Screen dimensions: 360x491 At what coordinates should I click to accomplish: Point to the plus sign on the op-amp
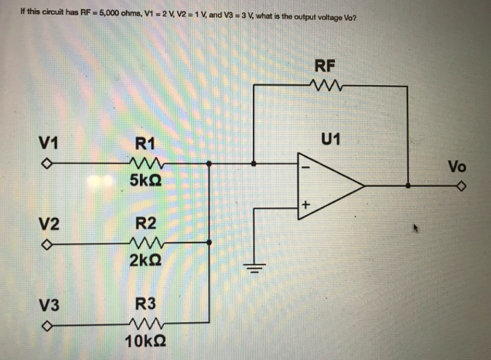306,205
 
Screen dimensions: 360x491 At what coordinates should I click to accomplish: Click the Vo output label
457,167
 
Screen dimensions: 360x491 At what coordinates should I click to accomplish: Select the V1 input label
50,142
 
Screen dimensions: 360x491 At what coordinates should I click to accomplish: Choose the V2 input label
50,226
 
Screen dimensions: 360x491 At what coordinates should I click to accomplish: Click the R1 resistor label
145,143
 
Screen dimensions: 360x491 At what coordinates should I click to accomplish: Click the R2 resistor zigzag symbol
145,244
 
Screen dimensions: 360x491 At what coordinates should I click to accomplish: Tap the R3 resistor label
145,304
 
